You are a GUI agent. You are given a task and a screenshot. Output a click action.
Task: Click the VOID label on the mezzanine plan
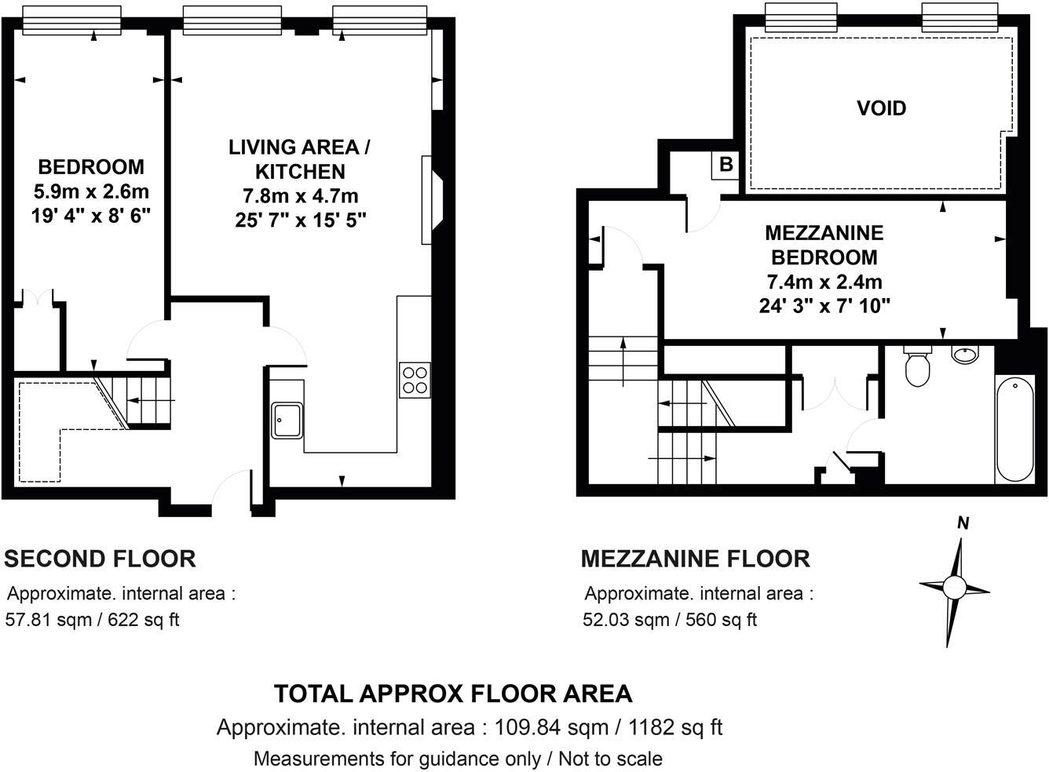(881, 108)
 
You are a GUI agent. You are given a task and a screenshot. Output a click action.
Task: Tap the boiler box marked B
(726, 165)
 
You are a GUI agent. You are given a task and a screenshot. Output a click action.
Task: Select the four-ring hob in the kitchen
(415, 380)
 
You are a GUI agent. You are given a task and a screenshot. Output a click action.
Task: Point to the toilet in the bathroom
(916, 367)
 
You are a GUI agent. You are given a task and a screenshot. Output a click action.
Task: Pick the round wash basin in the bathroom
(964, 355)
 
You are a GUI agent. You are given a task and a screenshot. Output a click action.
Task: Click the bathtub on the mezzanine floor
(1014, 428)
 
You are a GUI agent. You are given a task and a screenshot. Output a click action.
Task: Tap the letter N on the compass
(963, 524)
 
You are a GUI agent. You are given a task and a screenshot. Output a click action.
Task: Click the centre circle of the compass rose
(955, 586)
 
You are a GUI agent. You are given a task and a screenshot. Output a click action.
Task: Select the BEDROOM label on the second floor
(91, 166)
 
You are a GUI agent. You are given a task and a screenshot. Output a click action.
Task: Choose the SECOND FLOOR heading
(100, 559)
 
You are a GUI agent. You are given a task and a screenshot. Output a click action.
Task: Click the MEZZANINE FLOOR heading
(695, 559)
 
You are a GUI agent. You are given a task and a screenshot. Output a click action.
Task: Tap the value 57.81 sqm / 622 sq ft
(93, 620)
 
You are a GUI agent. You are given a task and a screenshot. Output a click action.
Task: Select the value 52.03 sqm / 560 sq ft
(670, 620)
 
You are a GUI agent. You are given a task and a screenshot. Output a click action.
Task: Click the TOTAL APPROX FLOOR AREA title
(452, 694)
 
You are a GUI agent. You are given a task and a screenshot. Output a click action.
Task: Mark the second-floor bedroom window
(71, 20)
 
